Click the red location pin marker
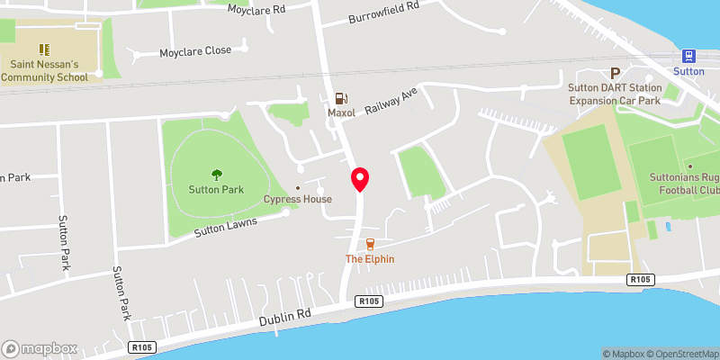point(360,179)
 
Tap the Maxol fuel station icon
point(341,99)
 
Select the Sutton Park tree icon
point(216,175)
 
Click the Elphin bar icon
point(370,244)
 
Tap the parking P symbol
point(616,73)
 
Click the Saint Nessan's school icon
point(42,49)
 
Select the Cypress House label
point(297,199)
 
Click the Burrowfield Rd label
point(384,12)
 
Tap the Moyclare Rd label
point(256,9)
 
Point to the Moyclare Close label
point(195,51)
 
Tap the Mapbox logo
point(40,348)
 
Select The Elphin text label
point(370,259)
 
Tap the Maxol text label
point(341,113)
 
